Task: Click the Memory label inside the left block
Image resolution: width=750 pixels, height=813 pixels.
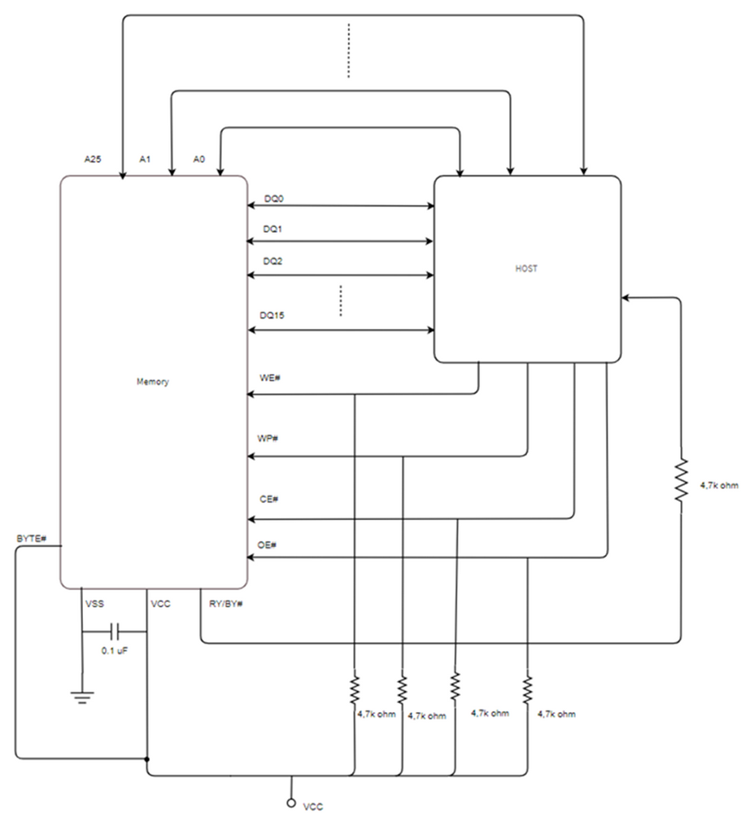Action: pos(154,382)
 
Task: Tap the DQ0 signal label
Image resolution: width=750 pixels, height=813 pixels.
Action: pos(274,199)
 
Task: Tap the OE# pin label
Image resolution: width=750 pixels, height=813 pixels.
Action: pos(268,544)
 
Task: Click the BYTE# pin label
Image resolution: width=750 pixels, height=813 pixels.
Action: pos(32,540)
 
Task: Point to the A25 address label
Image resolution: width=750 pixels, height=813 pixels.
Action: pos(93,160)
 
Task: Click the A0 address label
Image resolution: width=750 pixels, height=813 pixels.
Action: pos(198,160)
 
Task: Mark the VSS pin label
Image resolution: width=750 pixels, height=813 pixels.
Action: pos(95,605)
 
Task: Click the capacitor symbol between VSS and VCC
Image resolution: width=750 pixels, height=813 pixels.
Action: pos(115,631)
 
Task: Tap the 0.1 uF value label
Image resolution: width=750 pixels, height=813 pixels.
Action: pos(115,652)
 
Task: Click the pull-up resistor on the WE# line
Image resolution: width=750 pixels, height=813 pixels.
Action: pos(355,690)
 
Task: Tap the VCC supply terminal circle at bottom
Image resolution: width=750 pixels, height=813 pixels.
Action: pos(290,802)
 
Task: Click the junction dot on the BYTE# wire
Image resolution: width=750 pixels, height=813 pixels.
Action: pos(147,758)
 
